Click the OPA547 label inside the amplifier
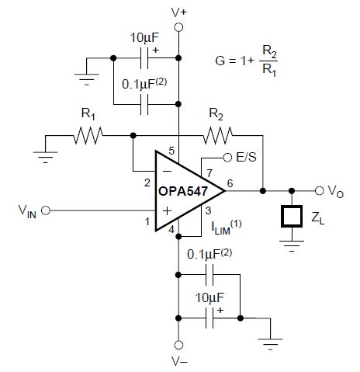[x=175, y=190]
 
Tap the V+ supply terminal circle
[x=179, y=27]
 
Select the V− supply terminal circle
[x=179, y=344]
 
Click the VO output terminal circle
[x=319, y=190]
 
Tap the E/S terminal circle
[x=227, y=158]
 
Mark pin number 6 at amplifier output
[x=230, y=183]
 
